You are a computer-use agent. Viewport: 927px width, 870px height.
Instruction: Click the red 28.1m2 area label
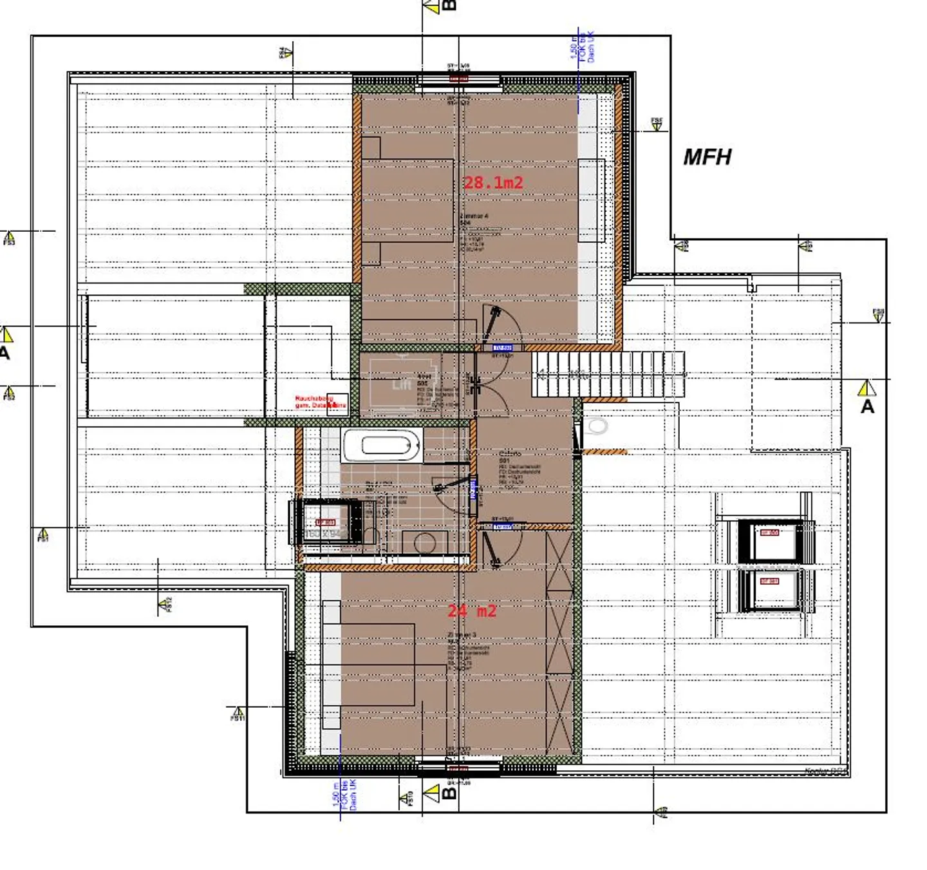pos(493,183)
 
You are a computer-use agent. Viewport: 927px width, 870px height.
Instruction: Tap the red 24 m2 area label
pos(472,610)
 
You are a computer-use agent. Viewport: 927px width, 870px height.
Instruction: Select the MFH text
pos(707,157)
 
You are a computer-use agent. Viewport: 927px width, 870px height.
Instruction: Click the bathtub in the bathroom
pos(382,446)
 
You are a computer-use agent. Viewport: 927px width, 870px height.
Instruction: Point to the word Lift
pos(401,385)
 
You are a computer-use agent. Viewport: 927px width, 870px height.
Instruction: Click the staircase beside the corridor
pos(608,374)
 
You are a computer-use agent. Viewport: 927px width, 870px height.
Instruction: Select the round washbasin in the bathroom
pos(425,543)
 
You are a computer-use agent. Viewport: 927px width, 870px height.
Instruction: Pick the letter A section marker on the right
pos(867,406)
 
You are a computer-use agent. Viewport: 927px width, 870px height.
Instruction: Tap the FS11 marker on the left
pos(238,713)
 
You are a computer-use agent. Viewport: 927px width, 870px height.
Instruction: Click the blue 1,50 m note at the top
pos(582,47)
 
